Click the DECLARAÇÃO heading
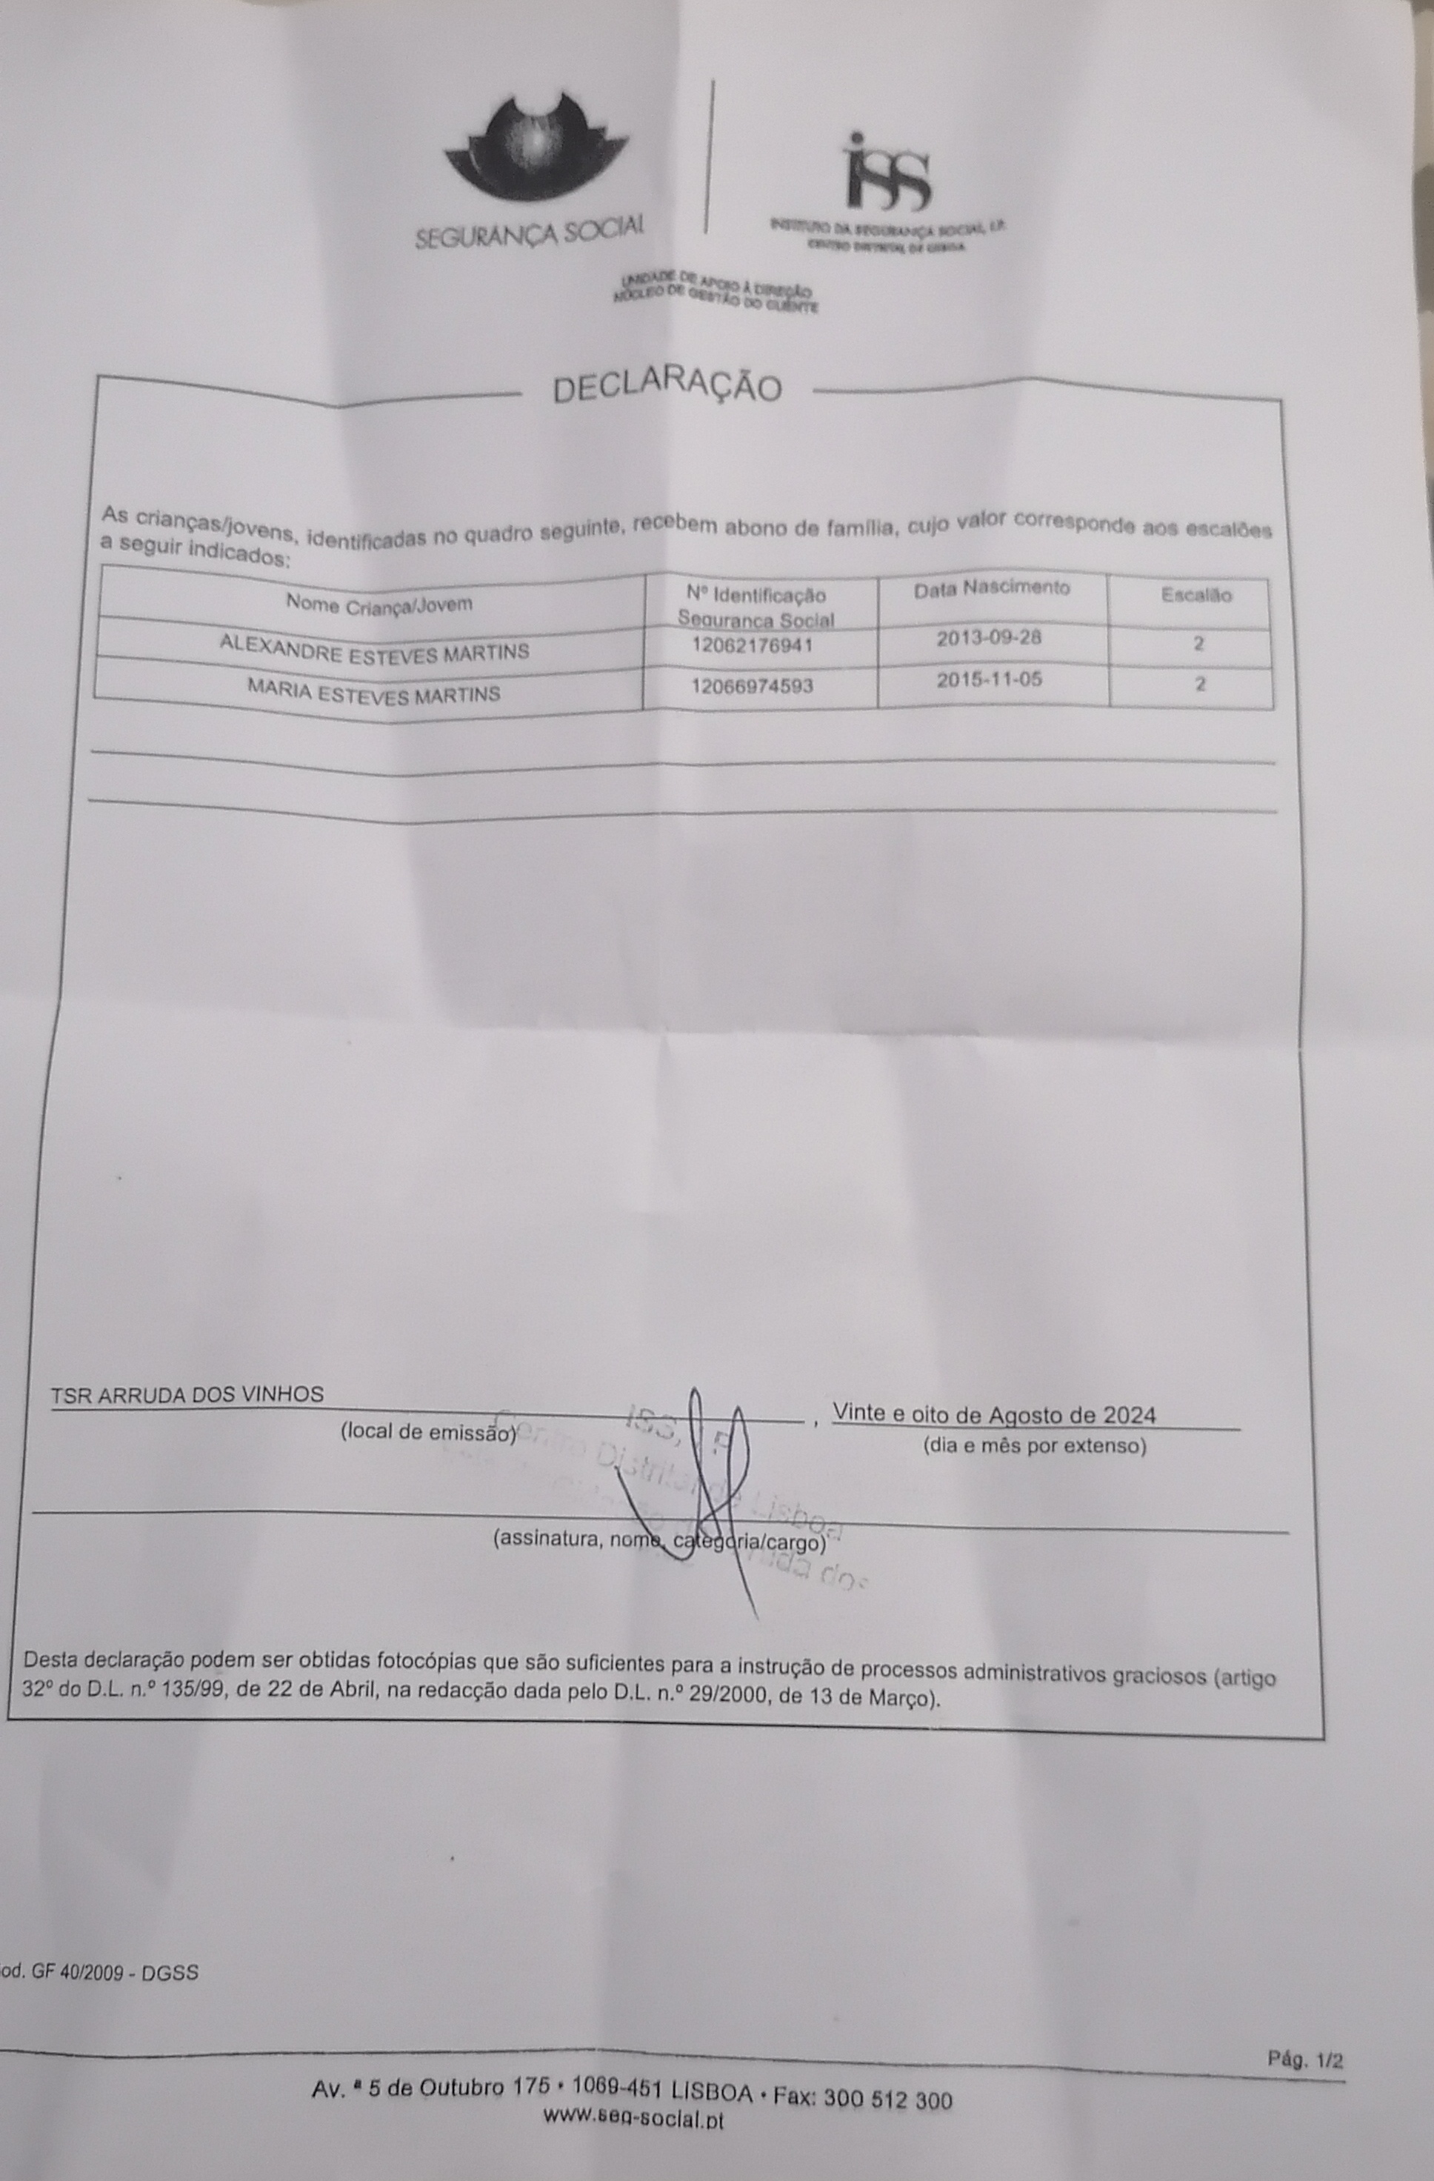(x=667, y=388)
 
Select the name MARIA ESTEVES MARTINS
(x=374, y=692)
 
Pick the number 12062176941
(x=753, y=645)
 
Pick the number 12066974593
(x=753, y=685)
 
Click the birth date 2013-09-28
(x=989, y=637)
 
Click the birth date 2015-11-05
(x=989, y=680)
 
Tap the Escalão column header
(x=1195, y=595)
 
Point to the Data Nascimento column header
(x=991, y=588)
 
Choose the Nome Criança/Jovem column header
(x=379, y=603)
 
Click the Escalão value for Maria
(x=1199, y=684)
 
